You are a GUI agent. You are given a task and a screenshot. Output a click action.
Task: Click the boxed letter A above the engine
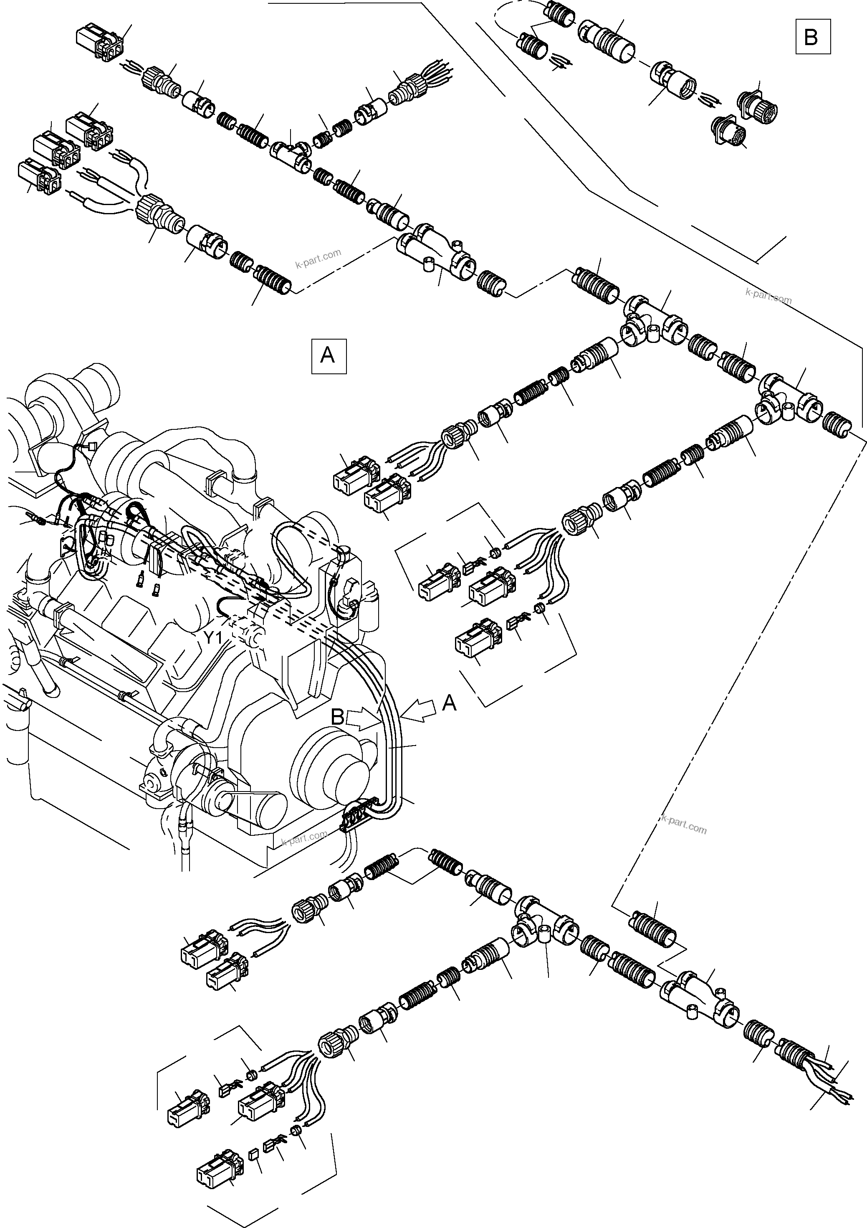point(328,355)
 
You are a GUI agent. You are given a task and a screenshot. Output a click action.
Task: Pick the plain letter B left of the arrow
point(337,717)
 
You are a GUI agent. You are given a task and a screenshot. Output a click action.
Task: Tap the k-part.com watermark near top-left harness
point(318,259)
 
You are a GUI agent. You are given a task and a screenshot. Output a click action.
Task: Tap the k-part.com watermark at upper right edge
point(768,295)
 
